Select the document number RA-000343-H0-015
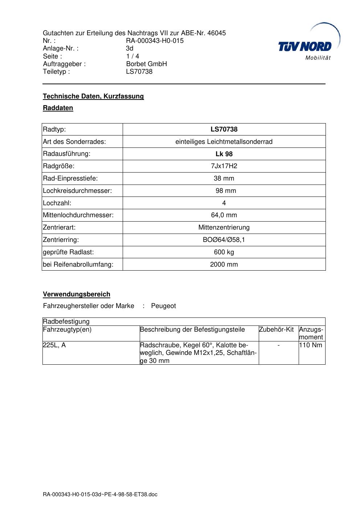click(155, 41)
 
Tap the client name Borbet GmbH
click(146, 64)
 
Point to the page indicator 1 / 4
click(132, 56)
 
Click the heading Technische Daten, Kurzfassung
click(93, 96)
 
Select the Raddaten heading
click(58, 108)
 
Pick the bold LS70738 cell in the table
click(224, 129)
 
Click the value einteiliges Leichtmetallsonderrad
click(224, 142)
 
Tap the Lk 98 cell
click(224, 154)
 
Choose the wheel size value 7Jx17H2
click(224, 166)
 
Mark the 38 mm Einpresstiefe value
click(224, 178)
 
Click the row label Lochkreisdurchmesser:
click(77, 191)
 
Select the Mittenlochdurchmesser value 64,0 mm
click(224, 215)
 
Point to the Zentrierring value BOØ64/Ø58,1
click(224, 240)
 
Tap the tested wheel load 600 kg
click(224, 252)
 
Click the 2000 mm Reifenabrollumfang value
click(224, 264)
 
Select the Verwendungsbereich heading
click(77, 294)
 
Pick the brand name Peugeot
click(163, 306)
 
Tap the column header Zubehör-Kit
click(276, 329)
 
